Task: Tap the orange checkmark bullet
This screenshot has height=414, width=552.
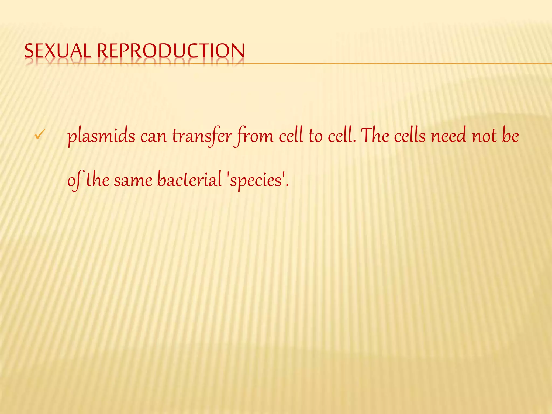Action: point(40,134)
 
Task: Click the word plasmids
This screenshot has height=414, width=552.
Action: point(101,136)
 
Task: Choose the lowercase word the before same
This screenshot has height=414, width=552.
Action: point(98,180)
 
